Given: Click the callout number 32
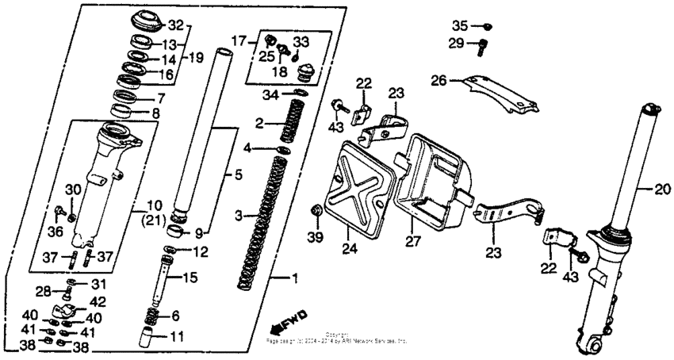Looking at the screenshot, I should click(x=175, y=25).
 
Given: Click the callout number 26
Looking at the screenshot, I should click(x=440, y=80).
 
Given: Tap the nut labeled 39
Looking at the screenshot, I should click(x=316, y=210).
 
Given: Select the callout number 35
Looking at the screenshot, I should click(x=461, y=25).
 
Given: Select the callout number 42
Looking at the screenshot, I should click(x=98, y=302).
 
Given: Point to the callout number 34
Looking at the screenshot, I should click(x=272, y=96).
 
